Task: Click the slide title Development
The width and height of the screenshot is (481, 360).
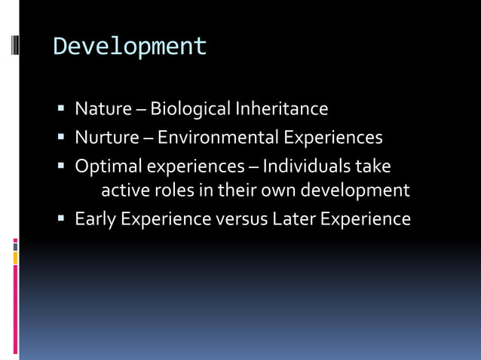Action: click(x=130, y=47)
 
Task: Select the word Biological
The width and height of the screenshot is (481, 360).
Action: click(x=191, y=109)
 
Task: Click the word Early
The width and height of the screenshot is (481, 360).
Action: click(x=95, y=219)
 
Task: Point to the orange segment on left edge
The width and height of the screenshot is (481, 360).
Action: click(x=15, y=258)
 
